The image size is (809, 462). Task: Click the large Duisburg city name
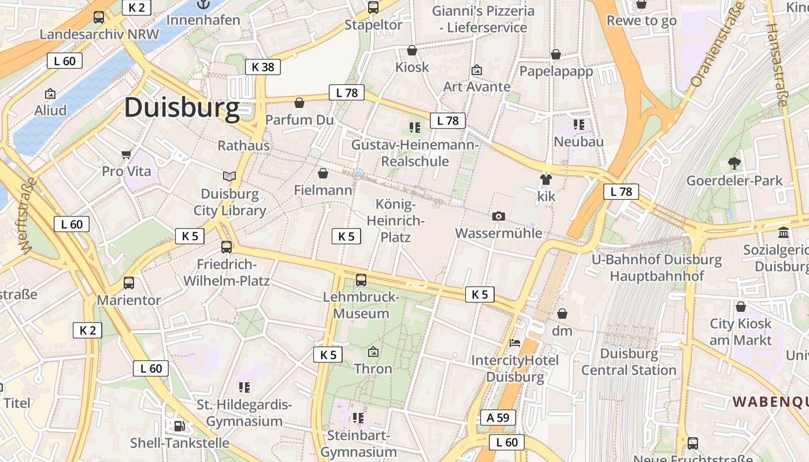[x=181, y=107]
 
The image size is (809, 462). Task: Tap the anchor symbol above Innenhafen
[x=203, y=4]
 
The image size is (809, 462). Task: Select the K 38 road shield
[x=262, y=67]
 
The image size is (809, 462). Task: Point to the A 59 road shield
[x=498, y=418]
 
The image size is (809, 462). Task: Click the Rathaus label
[x=243, y=146]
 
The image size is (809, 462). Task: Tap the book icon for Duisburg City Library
[x=229, y=176]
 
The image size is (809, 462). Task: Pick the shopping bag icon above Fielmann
[x=323, y=173]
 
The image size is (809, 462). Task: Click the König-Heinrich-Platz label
[x=396, y=221]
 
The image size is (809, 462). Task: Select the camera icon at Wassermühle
[x=499, y=217]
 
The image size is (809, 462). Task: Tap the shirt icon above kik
[x=546, y=179]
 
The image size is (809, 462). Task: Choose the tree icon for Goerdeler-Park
[x=734, y=163]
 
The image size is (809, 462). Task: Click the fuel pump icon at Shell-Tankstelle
[x=180, y=426]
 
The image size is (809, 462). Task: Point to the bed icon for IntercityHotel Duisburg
[x=515, y=343]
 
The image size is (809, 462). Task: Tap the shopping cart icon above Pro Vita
[x=127, y=154]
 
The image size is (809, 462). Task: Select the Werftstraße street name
[x=28, y=215]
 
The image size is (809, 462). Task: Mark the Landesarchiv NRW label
[x=99, y=34]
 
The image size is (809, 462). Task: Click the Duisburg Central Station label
[x=629, y=362]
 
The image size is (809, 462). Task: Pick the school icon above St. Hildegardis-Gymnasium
[x=244, y=388]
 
